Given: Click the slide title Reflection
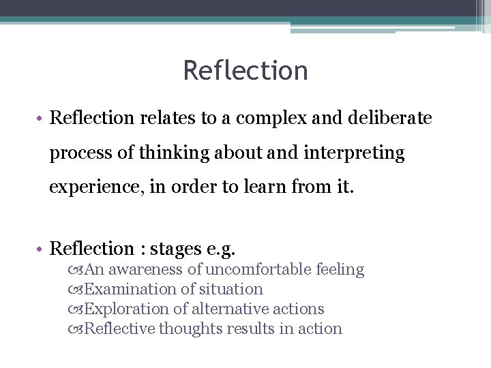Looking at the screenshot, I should click(x=245, y=70).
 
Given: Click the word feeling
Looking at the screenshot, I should click(x=340, y=270).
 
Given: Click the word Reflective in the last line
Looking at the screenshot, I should click(x=122, y=328).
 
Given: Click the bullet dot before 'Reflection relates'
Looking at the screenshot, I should click(x=42, y=119).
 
